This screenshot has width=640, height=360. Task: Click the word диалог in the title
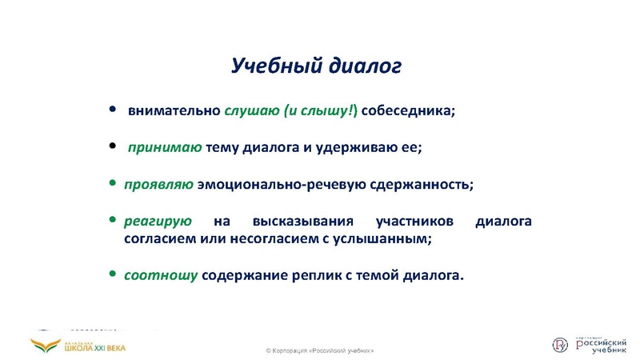pyautogui.click(x=364, y=66)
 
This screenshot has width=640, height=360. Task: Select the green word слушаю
pyautogui.click(x=251, y=110)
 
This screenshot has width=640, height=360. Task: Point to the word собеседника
pyautogui.click(x=408, y=110)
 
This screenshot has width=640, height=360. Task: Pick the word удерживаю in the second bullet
pyautogui.click(x=359, y=148)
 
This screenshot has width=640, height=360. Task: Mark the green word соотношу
pyautogui.click(x=160, y=275)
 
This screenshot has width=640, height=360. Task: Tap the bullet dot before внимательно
pyautogui.click(x=112, y=110)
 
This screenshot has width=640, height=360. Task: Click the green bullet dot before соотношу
pyautogui.click(x=112, y=274)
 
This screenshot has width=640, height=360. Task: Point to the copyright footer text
pyautogui.click(x=319, y=351)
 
